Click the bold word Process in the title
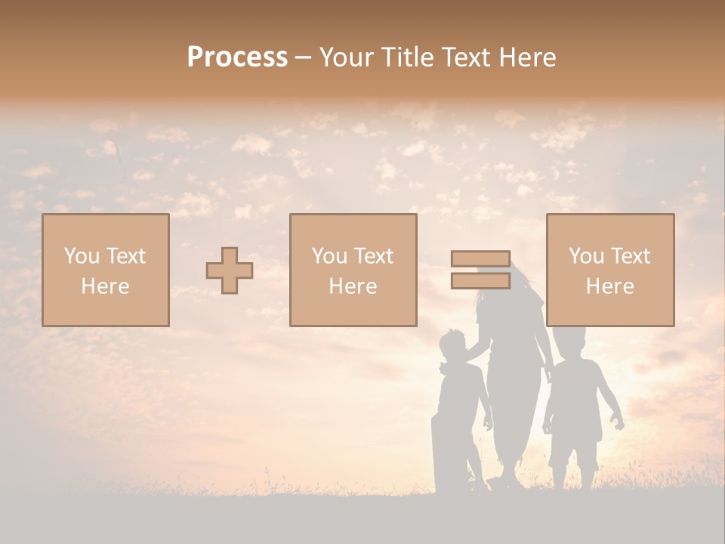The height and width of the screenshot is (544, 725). (x=237, y=57)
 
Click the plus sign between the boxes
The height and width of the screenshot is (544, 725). (x=230, y=270)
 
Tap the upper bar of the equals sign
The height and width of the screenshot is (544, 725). (x=480, y=258)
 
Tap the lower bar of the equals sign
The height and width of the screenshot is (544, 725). (x=480, y=280)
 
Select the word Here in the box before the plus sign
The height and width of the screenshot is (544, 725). (x=105, y=286)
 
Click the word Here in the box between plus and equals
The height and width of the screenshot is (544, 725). (x=353, y=286)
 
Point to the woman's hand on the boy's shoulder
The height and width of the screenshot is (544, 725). (x=476, y=349)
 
